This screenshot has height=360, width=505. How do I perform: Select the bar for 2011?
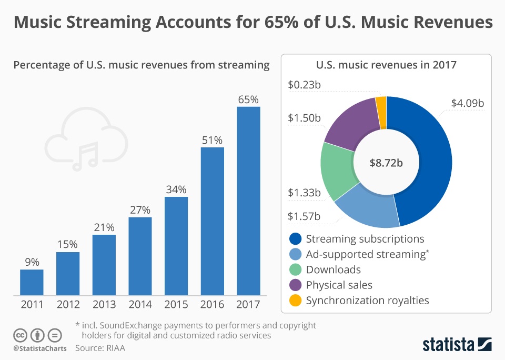click(x=32, y=282)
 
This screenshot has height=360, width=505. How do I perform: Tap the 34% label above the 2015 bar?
click(x=176, y=189)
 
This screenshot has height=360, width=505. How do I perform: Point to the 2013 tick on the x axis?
click(x=104, y=305)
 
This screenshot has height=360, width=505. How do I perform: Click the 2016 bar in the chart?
click(x=212, y=221)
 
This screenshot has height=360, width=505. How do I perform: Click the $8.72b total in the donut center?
click(x=386, y=163)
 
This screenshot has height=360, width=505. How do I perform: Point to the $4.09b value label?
click(x=467, y=103)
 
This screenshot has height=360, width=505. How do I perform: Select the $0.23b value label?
click(x=304, y=84)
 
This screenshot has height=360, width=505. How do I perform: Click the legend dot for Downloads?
click(x=296, y=269)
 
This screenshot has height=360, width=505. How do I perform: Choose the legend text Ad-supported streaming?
click(x=367, y=254)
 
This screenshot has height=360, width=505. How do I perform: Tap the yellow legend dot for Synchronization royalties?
click(x=296, y=301)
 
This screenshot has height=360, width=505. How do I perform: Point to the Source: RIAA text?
click(x=100, y=348)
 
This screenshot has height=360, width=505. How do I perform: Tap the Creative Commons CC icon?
click(x=21, y=335)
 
